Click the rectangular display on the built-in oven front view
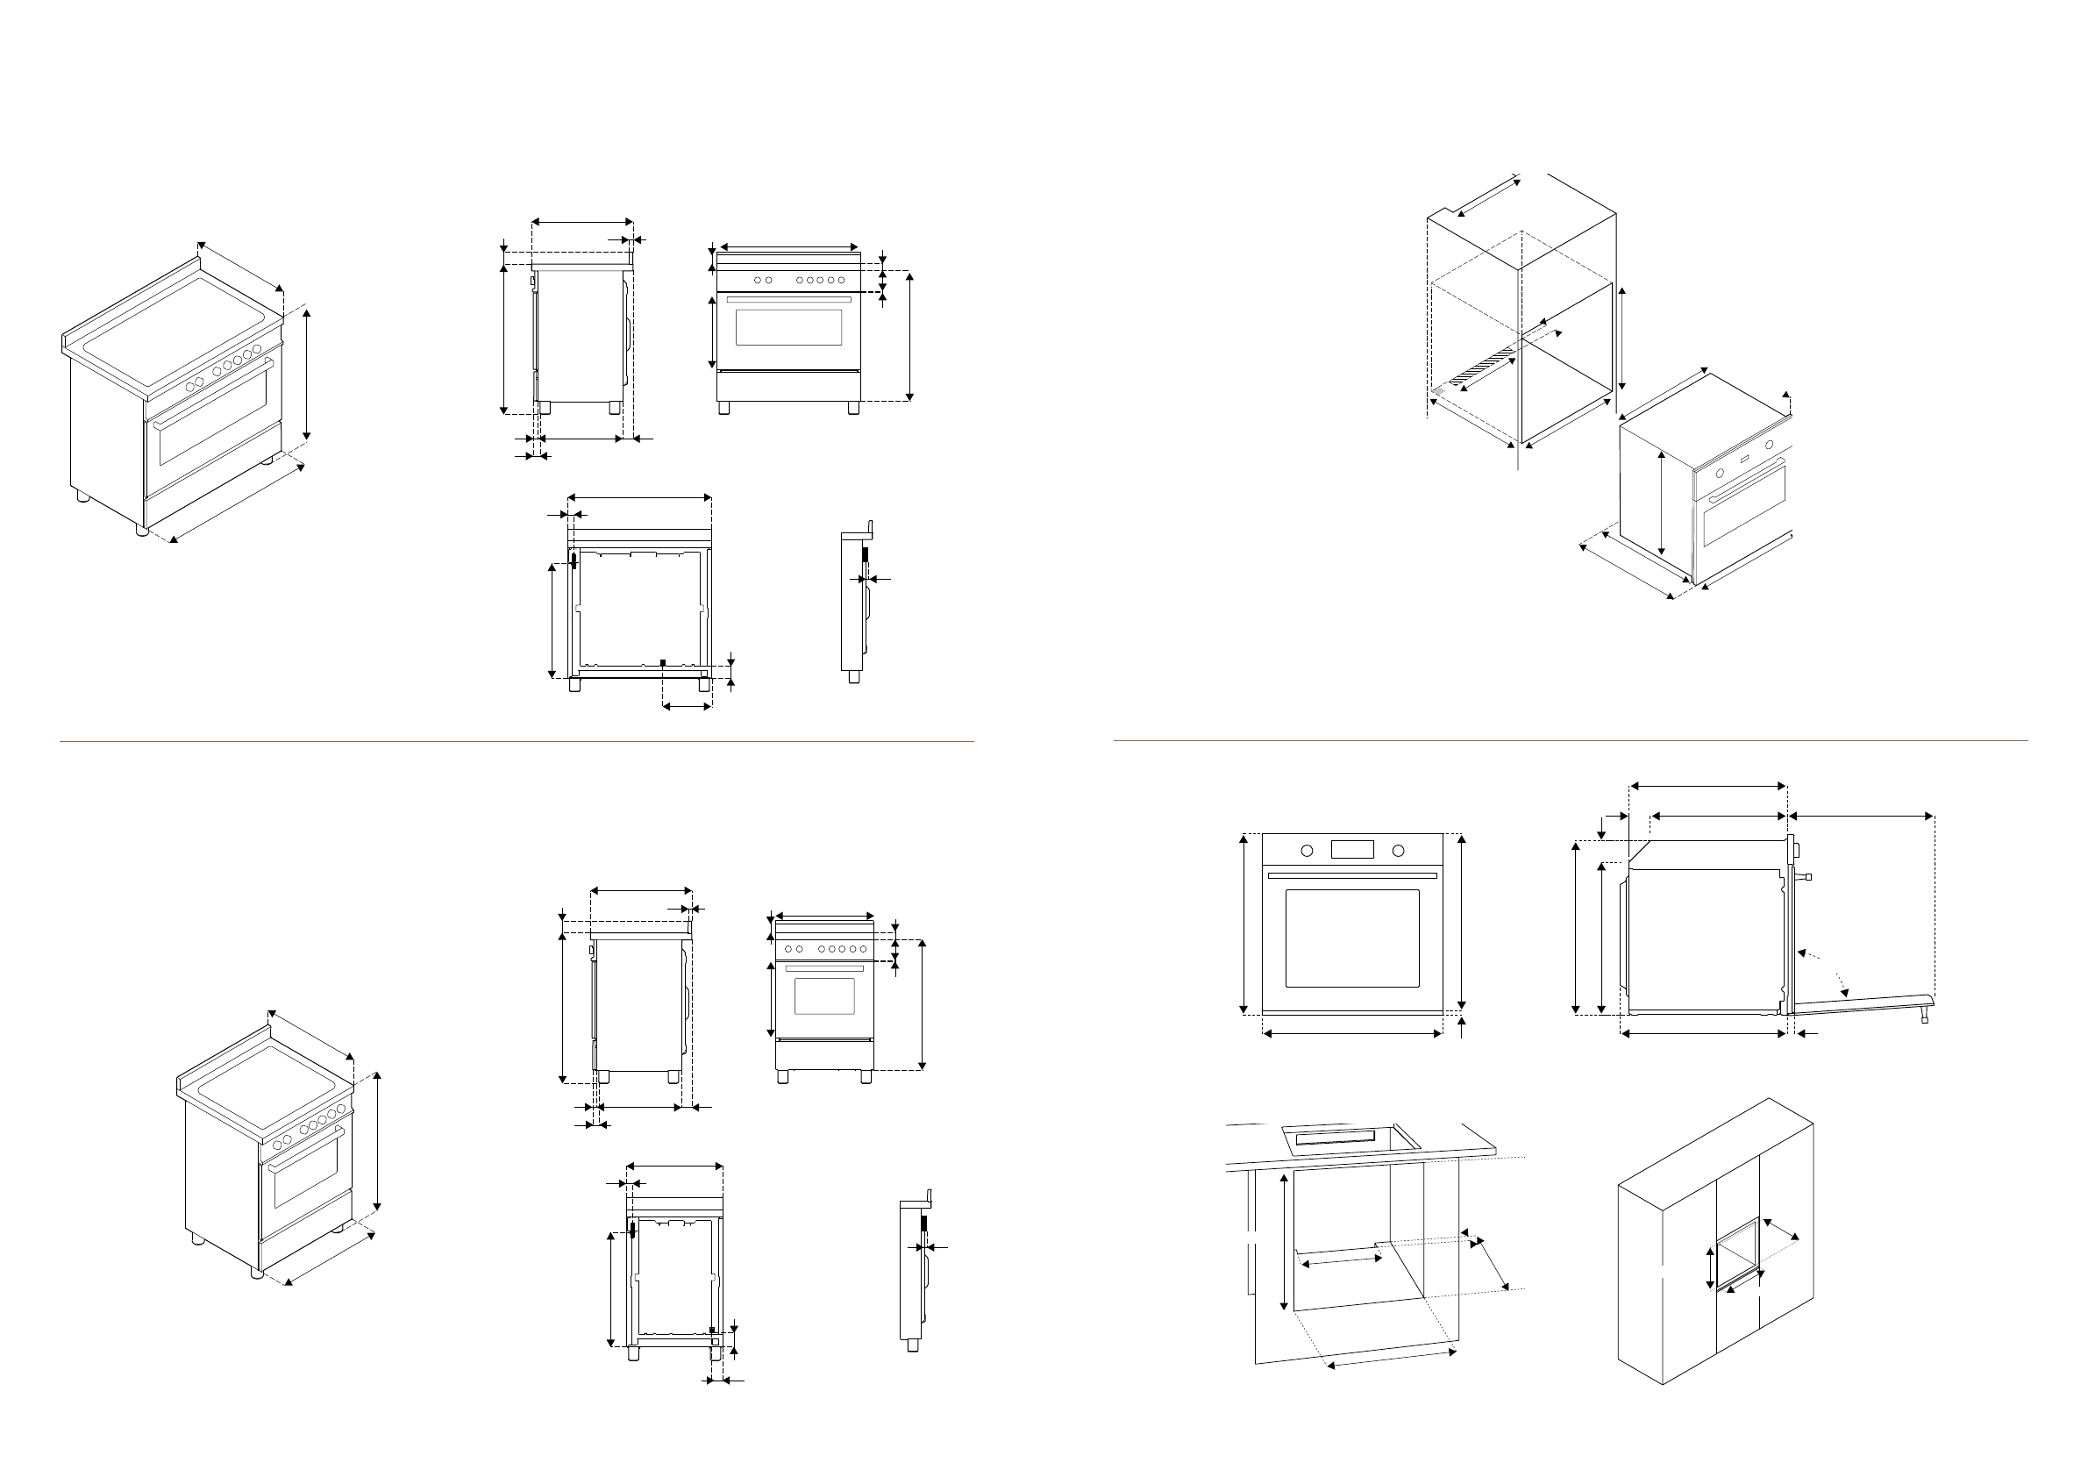tap(1351, 850)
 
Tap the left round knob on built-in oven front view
tap(1307, 851)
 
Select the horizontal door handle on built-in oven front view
tap(1351, 876)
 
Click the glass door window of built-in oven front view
tap(1352, 938)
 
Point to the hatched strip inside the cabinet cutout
tap(1483, 365)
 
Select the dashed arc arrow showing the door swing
tap(1824, 967)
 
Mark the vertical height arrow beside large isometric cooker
tap(308, 376)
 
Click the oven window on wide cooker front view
tap(787, 327)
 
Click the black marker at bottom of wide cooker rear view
tap(663, 662)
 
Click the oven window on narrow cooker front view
tap(824, 995)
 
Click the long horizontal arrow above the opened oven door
tap(1861, 817)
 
